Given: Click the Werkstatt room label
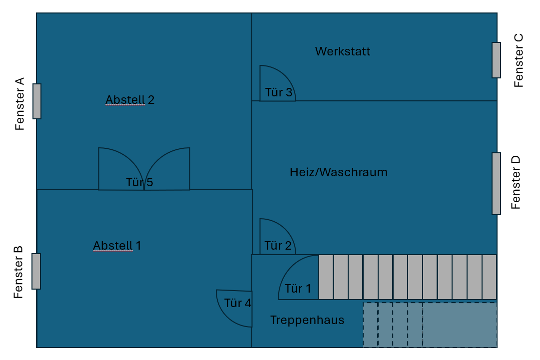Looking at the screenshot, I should [x=343, y=51].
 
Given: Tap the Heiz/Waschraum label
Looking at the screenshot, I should [x=338, y=172].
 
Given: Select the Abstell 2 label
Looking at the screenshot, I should [x=130, y=100].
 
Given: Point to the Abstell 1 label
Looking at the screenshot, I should [x=117, y=246].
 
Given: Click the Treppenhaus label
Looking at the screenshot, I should [x=307, y=320].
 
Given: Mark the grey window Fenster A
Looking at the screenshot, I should [x=37, y=101].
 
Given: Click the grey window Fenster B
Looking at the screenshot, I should [x=36, y=271].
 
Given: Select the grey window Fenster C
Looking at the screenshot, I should [x=496, y=60].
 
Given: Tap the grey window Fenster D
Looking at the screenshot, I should [x=496, y=183].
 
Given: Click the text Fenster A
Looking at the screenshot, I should [x=19, y=104].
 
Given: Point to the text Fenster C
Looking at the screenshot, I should [x=519, y=60].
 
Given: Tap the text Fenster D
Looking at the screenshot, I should [x=516, y=182].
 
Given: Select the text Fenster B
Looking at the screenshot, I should [x=18, y=272].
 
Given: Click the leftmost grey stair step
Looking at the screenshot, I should [x=326, y=277].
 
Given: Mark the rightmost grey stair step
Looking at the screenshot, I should [x=489, y=277].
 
